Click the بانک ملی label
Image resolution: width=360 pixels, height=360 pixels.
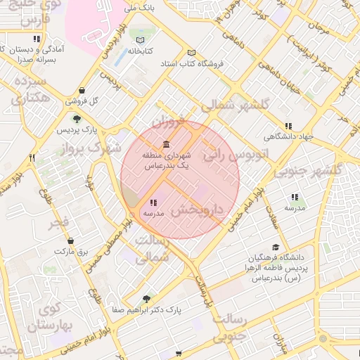click(139, 8)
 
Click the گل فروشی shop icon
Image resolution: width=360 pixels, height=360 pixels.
click(83, 90)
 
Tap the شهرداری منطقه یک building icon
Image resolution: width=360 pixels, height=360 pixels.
click(166, 144)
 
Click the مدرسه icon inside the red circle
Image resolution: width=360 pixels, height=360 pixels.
click(153, 203)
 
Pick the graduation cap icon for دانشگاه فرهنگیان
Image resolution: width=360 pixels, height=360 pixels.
click(276, 247)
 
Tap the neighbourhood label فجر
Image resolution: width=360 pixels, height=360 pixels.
click(57, 226)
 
